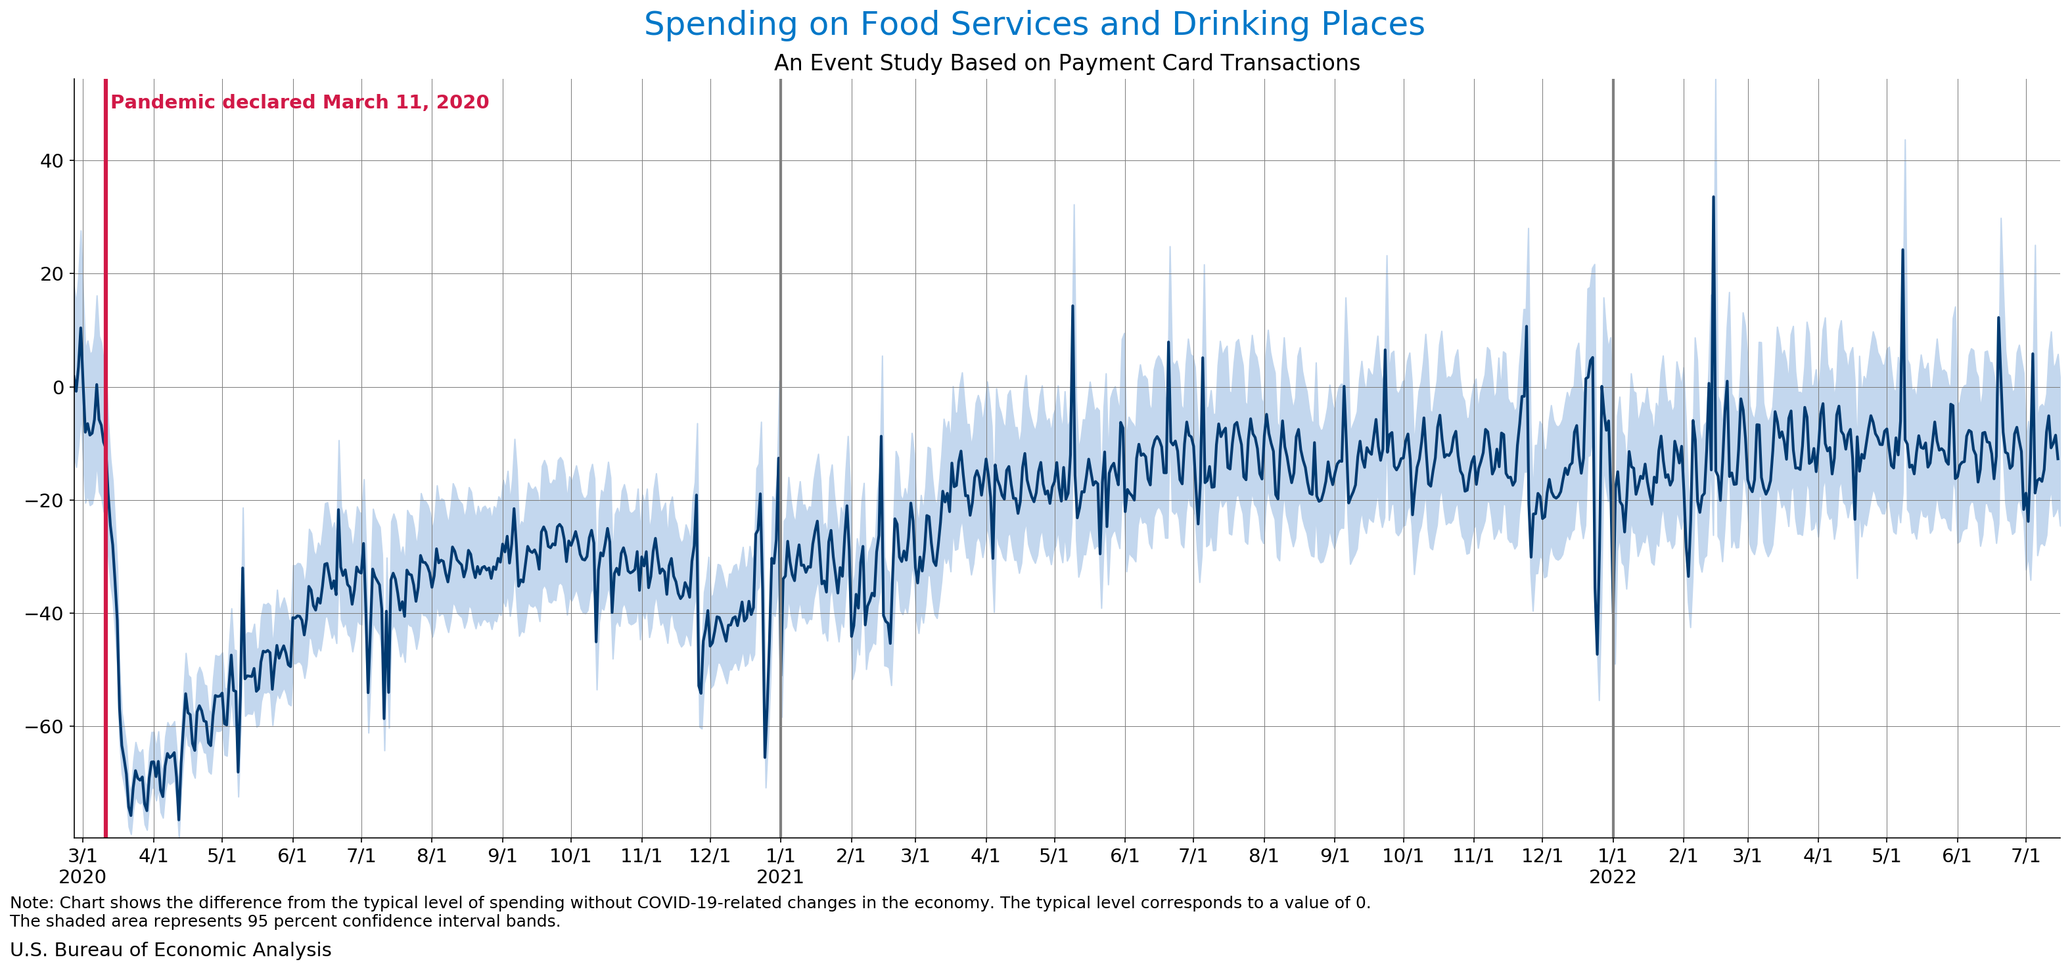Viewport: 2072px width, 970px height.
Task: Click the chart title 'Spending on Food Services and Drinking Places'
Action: pyautogui.click(x=1034, y=24)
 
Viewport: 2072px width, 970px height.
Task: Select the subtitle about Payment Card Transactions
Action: pyautogui.click(x=1067, y=62)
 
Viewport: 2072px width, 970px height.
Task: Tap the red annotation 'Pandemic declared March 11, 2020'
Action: pyautogui.click(x=299, y=102)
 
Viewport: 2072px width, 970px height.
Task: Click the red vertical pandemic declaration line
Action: pyautogui.click(x=105, y=459)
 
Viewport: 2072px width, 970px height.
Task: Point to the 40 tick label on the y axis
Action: pyautogui.click(x=51, y=161)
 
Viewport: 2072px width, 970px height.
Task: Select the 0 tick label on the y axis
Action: pyautogui.click(x=58, y=388)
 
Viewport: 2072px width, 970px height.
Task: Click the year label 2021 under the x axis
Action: pyautogui.click(x=780, y=877)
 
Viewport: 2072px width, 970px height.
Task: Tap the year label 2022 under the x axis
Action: pyautogui.click(x=1613, y=877)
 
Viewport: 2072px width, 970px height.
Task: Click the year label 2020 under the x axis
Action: pyautogui.click(x=82, y=877)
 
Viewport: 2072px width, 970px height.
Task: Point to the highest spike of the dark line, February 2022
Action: pyautogui.click(x=1713, y=197)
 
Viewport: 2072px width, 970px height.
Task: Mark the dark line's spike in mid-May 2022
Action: pyautogui.click(x=1902, y=250)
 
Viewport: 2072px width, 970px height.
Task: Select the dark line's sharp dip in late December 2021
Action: pyautogui.click(x=1597, y=654)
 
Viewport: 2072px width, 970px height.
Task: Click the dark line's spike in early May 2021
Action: pyautogui.click(x=1072, y=306)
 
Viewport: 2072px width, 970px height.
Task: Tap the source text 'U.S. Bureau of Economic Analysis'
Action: pyautogui.click(x=170, y=950)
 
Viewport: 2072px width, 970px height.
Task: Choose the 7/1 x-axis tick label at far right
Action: pyautogui.click(x=2025, y=856)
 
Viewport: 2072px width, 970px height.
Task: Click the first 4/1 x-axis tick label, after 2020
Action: pyautogui.click(x=153, y=856)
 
